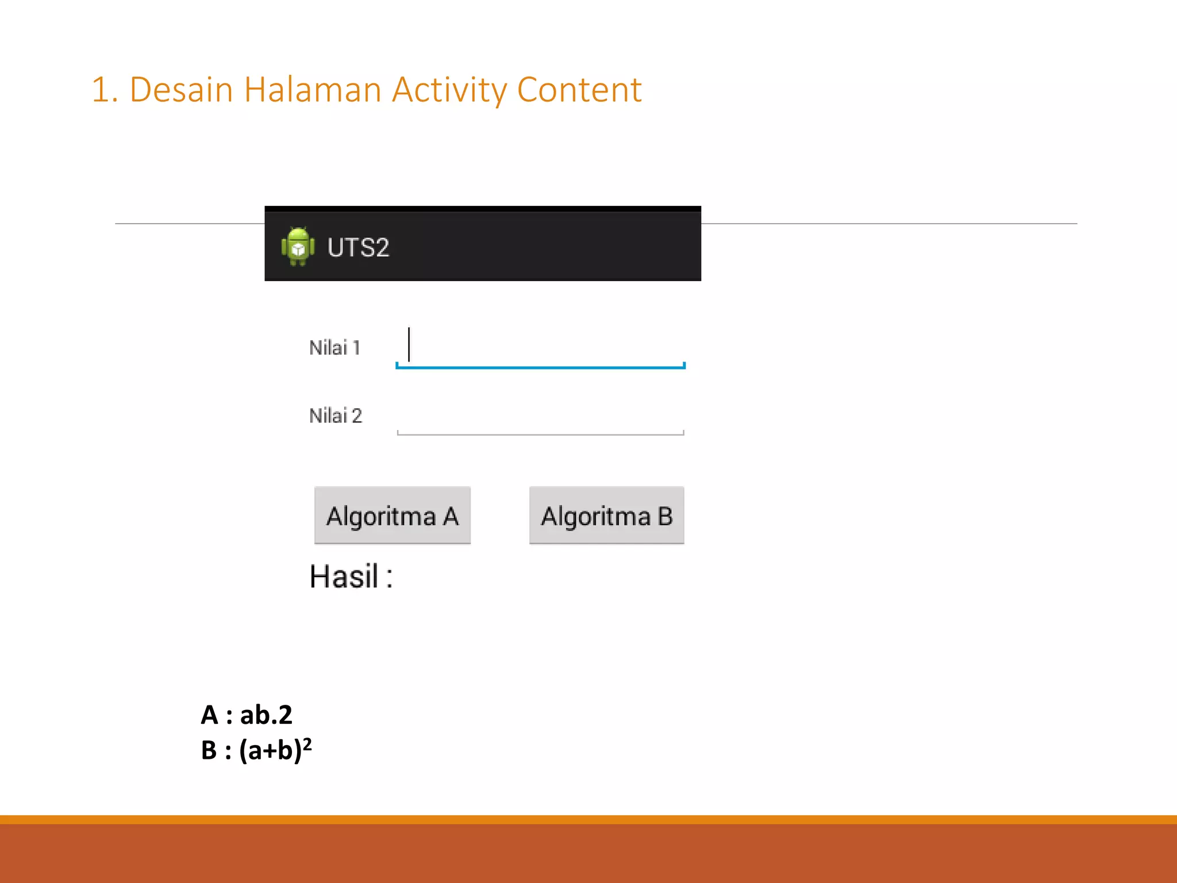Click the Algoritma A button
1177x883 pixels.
click(x=392, y=515)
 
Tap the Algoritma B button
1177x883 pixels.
click(x=606, y=515)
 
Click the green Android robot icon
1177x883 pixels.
click(x=298, y=247)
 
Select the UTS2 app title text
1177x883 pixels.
click(x=358, y=248)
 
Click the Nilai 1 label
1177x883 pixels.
click(x=334, y=348)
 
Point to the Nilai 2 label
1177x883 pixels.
click(x=336, y=416)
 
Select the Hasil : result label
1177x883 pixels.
click(x=351, y=577)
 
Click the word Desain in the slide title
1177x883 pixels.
click(x=181, y=90)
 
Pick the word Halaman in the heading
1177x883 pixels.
click(x=312, y=90)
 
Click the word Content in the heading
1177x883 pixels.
click(x=579, y=90)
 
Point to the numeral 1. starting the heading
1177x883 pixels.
click(x=105, y=90)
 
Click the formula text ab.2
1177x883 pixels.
click(x=266, y=715)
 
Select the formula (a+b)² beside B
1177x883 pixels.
click(x=275, y=750)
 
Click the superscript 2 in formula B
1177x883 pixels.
click(x=307, y=744)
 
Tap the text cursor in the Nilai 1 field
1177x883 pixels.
click(x=409, y=344)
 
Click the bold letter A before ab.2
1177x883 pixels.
click(x=209, y=715)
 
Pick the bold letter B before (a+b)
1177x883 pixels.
click(x=209, y=750)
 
